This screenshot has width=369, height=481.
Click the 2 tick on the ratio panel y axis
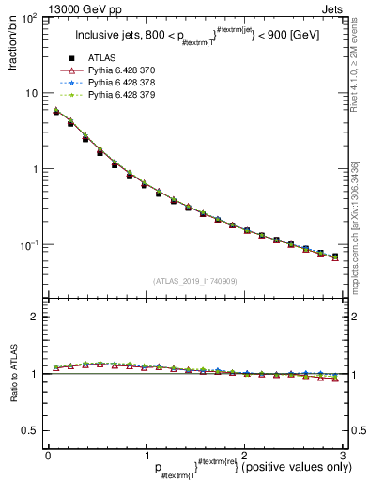35,317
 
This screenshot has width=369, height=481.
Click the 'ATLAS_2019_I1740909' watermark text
192,281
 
